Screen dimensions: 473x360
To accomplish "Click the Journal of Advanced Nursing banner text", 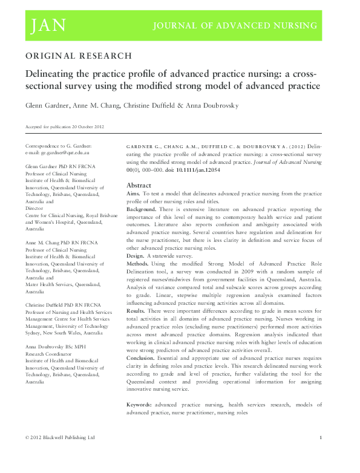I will click(x=235, y=26).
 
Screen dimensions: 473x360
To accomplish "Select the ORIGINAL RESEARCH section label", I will click(x=78, y=56).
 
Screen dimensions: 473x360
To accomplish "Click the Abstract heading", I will click(x=139, y=185).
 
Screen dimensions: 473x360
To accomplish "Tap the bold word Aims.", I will click(x=134, y=194).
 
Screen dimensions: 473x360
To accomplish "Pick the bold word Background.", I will click(x=142, y=209).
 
